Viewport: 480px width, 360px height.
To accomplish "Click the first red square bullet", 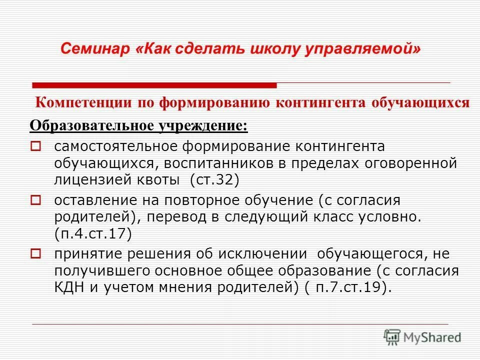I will pyautogui.click(x=35, y=147).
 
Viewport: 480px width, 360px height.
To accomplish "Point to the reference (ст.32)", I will pyautogui.click(x=215, y=180).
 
